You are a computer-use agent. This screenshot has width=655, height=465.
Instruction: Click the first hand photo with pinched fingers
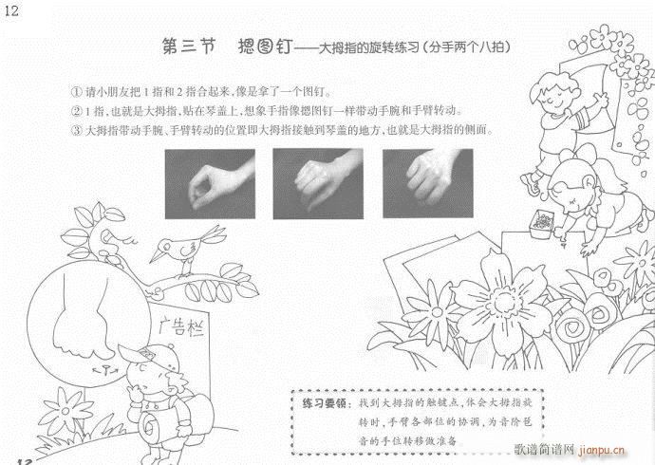tap(211, 178)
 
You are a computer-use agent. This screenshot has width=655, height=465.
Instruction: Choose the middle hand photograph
tap(319, 178)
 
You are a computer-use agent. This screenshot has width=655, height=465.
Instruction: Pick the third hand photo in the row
tap(427, 178)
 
